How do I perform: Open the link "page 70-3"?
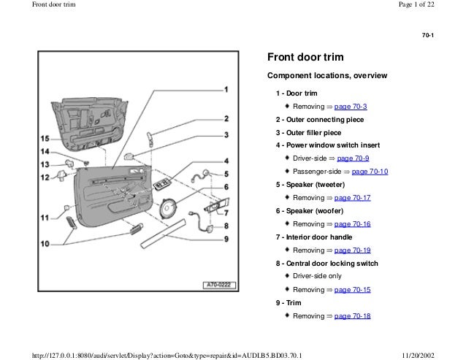[x=351, y=106]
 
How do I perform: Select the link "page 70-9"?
[x=352, y=158]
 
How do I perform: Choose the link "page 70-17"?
[x=353, y=197]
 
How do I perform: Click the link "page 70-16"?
[x=353, y=223]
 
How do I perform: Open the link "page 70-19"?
[x=353, y=250]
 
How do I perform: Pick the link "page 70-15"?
[x=353, y=289]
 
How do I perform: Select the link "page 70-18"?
[x=353, y=315]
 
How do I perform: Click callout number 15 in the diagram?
[x=45, y=138]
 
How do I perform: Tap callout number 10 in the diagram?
[x=45, y=243]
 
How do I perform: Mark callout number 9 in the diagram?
[x=226, y=238]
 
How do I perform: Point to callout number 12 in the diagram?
[x=45, y=177]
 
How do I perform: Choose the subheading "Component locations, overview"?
[x=327, y=75]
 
